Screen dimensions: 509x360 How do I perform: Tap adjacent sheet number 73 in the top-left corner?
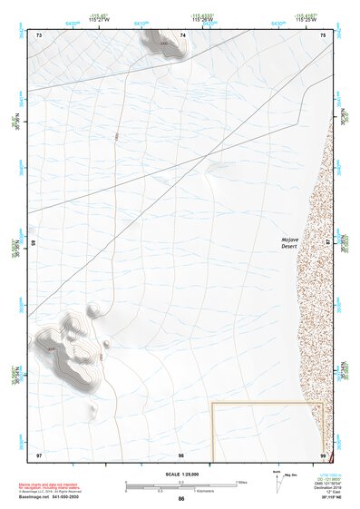pos(39,34)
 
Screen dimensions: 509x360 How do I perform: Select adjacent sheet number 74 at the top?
pos(183,34)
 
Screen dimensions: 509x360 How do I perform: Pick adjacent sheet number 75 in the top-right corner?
pos(323,34)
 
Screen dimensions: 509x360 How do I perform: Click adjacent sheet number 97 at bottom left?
pos(39,454)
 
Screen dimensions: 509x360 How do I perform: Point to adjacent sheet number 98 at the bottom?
pos(181,454)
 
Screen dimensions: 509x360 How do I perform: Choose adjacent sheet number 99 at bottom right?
pos(322,454)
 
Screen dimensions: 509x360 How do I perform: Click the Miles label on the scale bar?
pos(242,482)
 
